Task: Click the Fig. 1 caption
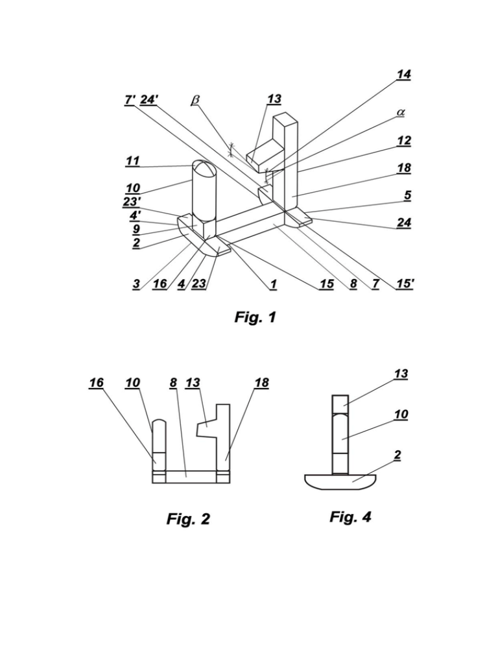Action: click(255, 317)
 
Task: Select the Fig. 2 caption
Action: click(188, 518)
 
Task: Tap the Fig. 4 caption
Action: click(350, 517)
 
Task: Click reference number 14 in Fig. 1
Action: click(403, 75)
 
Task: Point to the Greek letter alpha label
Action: click(400, 112)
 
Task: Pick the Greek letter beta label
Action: click(196, 99)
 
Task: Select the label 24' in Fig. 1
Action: click(149, 99)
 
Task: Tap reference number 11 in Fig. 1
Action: click(132, 161)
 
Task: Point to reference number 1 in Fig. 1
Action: click(273, 284)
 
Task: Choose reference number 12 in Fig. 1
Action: click(404, 141)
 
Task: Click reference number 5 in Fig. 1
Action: click(407, 195)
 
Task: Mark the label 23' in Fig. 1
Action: click(132, 202)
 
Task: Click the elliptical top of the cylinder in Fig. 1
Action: click(204, 169)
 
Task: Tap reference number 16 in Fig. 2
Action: click(97, 383)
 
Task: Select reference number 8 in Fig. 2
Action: click(173, 383)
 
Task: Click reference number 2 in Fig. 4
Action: click(397, 456)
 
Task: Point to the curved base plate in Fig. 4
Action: click(340, 481)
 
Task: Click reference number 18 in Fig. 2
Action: click(261, 383)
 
